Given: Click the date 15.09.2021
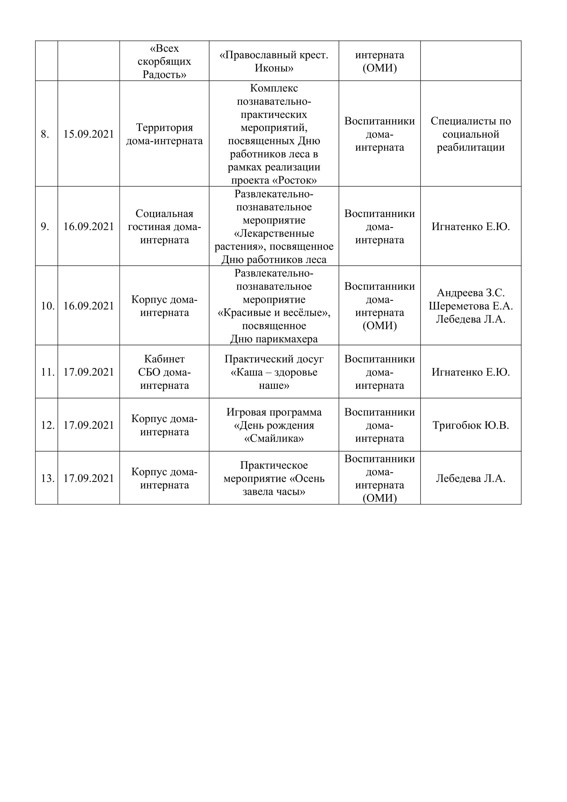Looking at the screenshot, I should coord(89,134).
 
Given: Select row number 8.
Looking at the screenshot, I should coord(45,134).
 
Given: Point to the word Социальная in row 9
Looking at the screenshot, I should coord(164,213).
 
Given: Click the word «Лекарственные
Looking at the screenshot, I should coord(274,234).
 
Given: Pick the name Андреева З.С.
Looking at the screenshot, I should coord(471,293).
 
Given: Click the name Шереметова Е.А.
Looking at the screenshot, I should coord(471,306).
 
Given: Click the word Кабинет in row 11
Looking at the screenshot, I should coord(164,359).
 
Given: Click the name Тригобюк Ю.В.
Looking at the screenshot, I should coord(471,425).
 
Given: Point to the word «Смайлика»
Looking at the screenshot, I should coord(274,439).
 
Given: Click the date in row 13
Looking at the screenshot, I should coord(89,478).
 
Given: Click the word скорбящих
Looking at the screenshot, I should coord(164,61).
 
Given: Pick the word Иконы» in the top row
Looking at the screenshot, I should coord(274,68).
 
